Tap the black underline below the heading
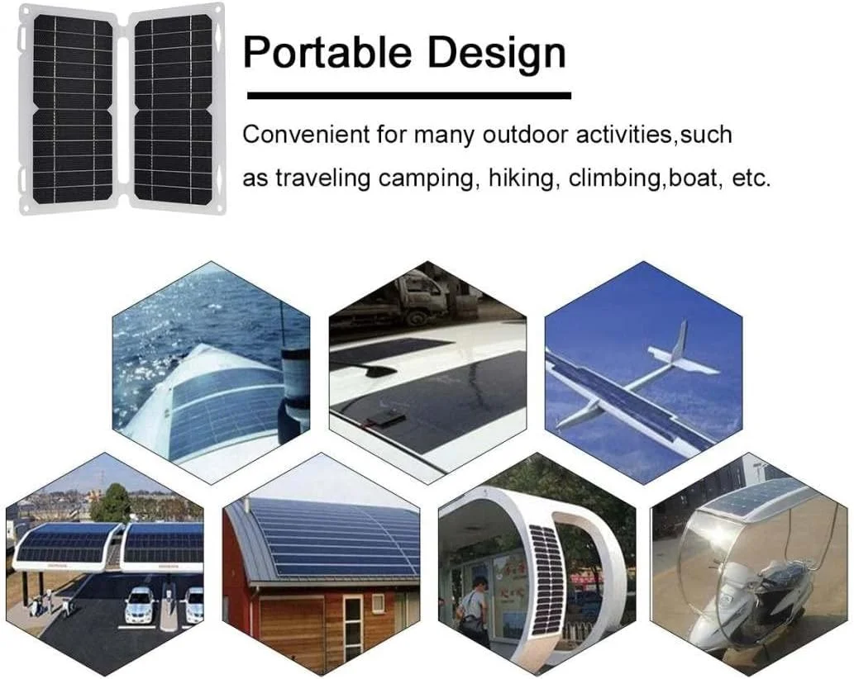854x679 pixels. click(x=409, y=96)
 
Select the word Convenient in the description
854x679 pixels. click(x=306, y=135)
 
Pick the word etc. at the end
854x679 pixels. click(x=751, y=178)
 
